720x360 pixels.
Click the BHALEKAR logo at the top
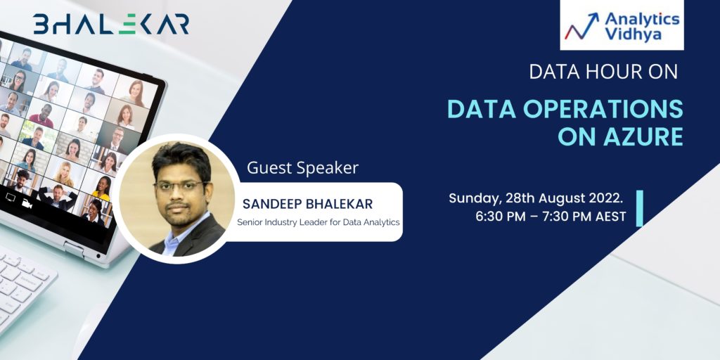[110, 25]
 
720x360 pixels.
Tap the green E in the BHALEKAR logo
[127, 25]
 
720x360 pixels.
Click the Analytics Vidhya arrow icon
[581, 26]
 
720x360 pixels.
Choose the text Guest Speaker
[302, 168]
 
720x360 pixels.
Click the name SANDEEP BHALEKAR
[308, 204]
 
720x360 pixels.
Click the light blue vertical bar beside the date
[639, 208]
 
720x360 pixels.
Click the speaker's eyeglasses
[181, 186]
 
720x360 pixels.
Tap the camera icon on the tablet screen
[27, 203]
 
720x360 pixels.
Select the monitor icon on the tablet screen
[11, 198]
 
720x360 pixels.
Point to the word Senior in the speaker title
[248, 222]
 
